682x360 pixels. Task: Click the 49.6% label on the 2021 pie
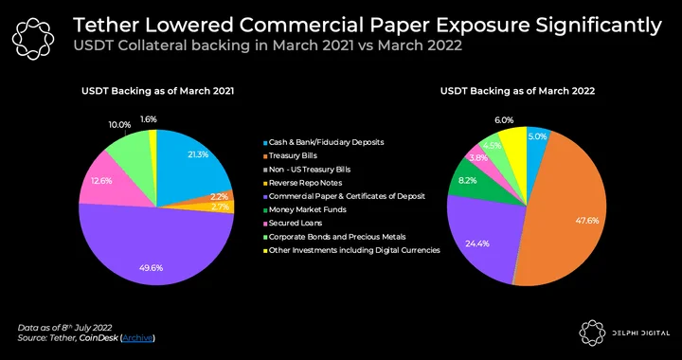(x=151, y=268)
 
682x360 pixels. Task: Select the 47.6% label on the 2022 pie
(x=586, y=221)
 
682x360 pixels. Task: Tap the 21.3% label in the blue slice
(x=198, y=154)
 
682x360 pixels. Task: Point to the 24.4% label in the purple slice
(x=477, y=243)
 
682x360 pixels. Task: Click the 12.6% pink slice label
(x=101, y=181)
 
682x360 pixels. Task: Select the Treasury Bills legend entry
(x=290, y=155)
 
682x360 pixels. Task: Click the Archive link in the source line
(x=137, y=338)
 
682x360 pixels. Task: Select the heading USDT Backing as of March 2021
(x=158, y=91)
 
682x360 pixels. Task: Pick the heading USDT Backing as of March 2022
(x=517, y=91)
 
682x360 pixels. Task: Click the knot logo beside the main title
(x=33, y=39)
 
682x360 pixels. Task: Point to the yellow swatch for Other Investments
(x=265, y=250)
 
